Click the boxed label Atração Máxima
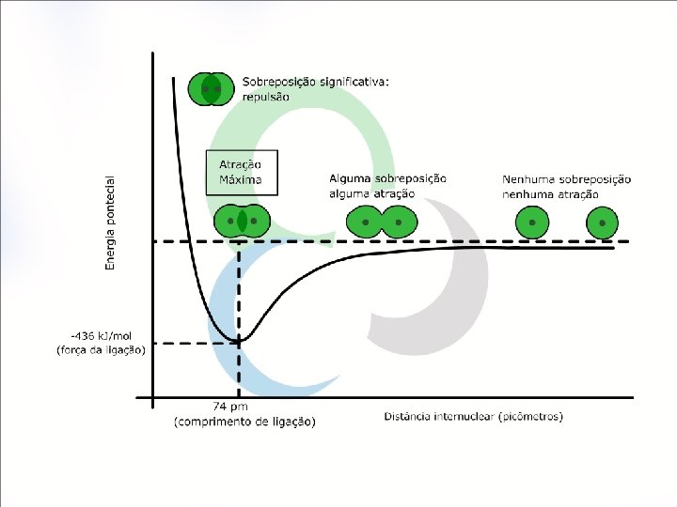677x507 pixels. tap(242, 173)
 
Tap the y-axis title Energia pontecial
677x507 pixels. tap(110, 223)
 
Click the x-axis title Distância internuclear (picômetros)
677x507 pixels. tap(474, 416)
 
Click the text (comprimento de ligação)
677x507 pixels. tap(245, 422)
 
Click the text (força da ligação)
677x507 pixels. tap(102, 350)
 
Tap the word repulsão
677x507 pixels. tap(266, 97)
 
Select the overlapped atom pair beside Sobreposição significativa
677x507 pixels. tap(211, 89)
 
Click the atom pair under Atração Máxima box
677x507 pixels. tap(242, 222)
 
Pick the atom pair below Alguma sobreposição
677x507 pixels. tap(381, 223)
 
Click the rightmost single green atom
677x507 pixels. tap(602, 223)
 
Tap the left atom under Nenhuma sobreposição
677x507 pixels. tap(532, 223)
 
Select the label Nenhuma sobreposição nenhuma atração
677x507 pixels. tap(566, 186)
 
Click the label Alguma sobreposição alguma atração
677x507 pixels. tap(387, 185)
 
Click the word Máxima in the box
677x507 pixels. tap(241, 179)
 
